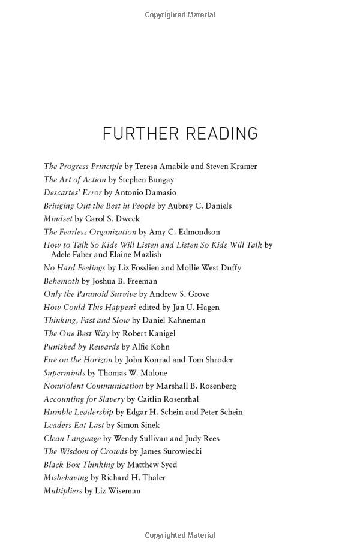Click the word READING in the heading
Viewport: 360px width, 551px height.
(x=221, y=133)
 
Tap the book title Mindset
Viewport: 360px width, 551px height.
(x=58, y=219)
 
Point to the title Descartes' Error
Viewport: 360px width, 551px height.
(x=73, y=192)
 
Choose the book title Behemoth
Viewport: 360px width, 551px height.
(x=61, y=281)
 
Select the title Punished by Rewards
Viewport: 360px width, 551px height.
(x=81, y=347)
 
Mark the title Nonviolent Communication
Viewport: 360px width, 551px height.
(x=93, y=386)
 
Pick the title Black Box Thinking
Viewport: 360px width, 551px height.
(x=79, y=465)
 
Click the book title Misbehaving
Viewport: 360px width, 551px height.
(x=65, y=478)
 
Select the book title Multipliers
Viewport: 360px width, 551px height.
(x=63, y=491)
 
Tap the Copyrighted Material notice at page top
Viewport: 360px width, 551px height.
(x=180, y=14)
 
